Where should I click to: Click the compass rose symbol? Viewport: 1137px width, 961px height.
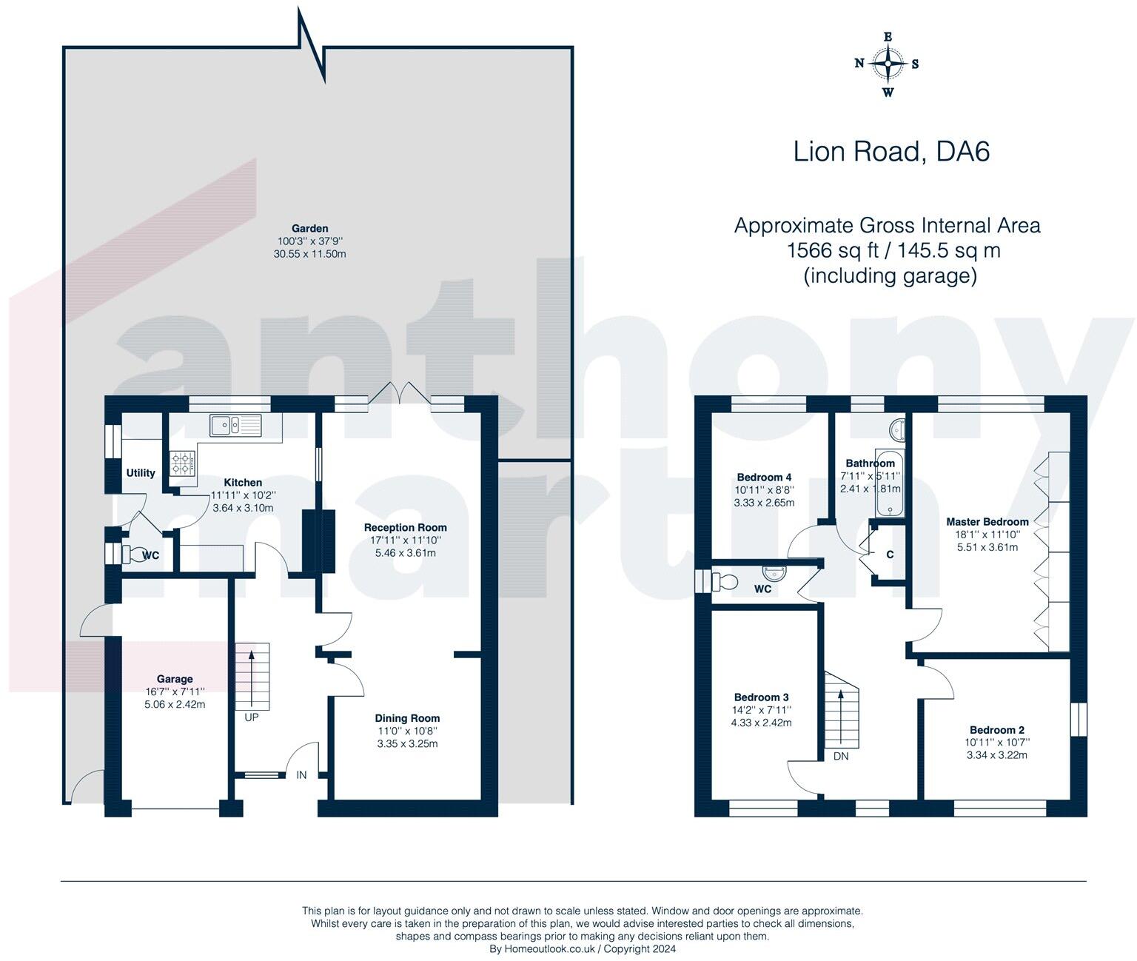(x=888, y=64)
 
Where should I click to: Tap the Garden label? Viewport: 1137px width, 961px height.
(x=310, y=228)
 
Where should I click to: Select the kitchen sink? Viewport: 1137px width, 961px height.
(x=235, y=425)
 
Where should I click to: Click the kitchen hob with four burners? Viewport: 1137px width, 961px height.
(x=182, y=463)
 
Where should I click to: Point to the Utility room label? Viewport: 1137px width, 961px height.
(x=141, y=473)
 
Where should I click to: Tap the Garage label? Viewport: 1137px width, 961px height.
(x=175, y=679)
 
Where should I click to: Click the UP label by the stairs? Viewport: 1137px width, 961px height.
(x=252, y=717)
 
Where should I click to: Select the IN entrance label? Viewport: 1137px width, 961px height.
(x=302, y=774)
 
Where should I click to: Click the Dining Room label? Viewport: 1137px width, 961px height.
(x=407, y=718)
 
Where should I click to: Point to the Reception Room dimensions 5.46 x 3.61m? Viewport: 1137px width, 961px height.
(x=405, y=553)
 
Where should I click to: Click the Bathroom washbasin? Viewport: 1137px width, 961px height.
(x=897, y=430)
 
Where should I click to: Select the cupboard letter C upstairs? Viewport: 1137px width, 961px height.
(x=890, y=555)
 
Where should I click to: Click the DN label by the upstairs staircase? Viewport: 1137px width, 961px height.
(x=841, y=756)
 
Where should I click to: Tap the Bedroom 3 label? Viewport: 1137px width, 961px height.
(x=761, y=697)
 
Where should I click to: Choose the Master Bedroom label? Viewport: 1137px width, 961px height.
(x=987, y=521)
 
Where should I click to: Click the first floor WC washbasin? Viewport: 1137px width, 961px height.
(x=775, y=572)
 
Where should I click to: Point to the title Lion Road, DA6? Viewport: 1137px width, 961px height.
(x=891, y=151)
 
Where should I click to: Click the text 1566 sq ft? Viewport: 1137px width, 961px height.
(x=833, y=250)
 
